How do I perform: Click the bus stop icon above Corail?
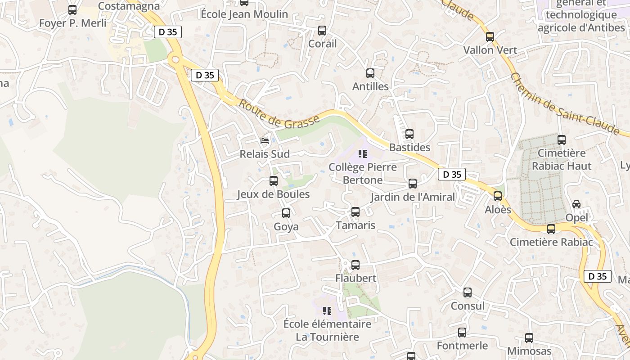pyautogui.click(x=322, y=31)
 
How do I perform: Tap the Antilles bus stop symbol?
pyautogui.click(x=370, y=73)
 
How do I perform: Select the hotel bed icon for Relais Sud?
pyautogui.click(x=265, y=141)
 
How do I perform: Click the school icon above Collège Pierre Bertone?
pyautogui.click(x=363, y=154)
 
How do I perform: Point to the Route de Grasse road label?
pyautogui.click(x=279, y=114)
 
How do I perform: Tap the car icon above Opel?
pyautogui.click(x=576, y=204)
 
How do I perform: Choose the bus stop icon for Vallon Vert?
pyautogui.click(x=490, y=37)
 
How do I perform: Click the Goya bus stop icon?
pyautogui.click(x=286, y=213)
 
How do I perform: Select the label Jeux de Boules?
pyautogui.click(x=274, y=194)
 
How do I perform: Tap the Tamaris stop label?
pyautogui.click(x=355, y=225)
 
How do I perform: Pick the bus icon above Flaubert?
pyautogui.click(x=355, y=265)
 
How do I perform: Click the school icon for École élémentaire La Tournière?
pyautogui.click(x=327, y=310)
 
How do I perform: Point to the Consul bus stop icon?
pyautogui.click(x=468, y=292)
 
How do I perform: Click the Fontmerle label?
pyautogui.click(x=462, y=346)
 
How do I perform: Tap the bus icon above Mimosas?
pyautogui.click(x=529, y=337)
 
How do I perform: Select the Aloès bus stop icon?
pyautogui.click(x=498, y=196)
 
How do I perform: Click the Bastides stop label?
pyautogui.click(x=409, y=147)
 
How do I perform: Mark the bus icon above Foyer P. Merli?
pyautogui.click(x=72, y=10)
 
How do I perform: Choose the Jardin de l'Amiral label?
pyautogui.click(x=413, y=197)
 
